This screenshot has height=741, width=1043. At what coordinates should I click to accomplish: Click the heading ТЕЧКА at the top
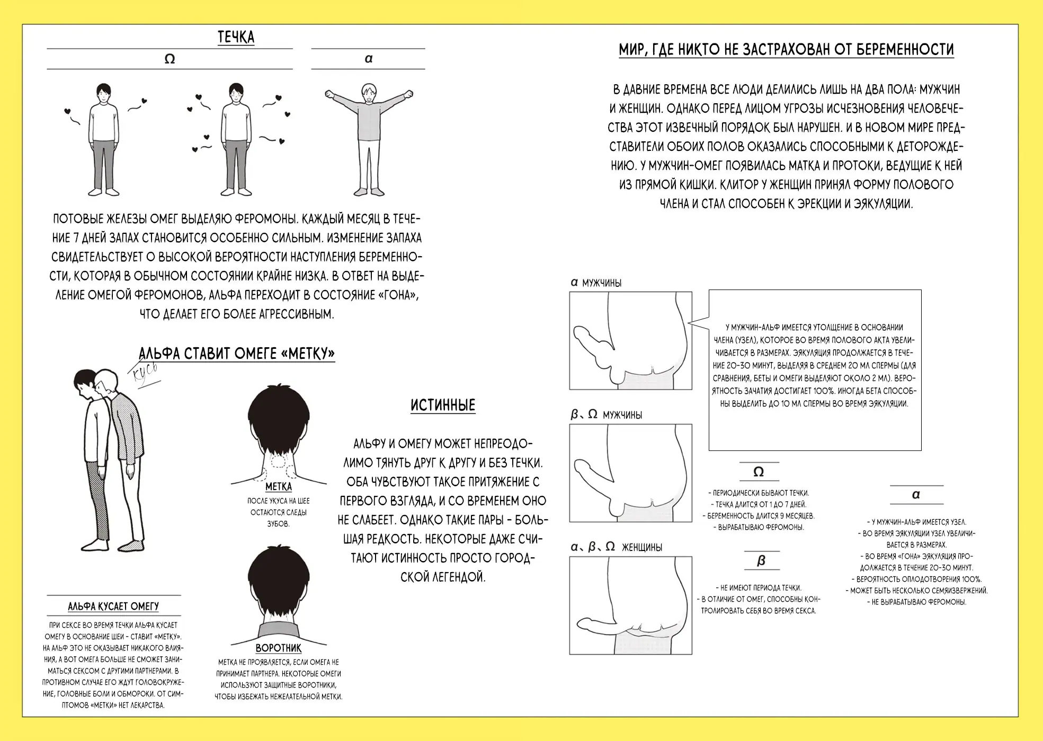point(236,37)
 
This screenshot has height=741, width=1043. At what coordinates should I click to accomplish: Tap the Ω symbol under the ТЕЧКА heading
point(170,59)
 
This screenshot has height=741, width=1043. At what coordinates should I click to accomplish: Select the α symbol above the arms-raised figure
point(369,59)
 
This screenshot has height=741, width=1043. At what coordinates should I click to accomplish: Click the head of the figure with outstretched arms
point(368,93)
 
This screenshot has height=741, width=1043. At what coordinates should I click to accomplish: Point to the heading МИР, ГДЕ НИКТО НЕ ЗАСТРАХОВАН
point(786,50)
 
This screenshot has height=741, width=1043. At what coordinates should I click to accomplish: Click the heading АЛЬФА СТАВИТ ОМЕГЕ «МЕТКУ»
point(237,354)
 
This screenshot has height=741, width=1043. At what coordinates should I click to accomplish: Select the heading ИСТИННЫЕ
point(443,405)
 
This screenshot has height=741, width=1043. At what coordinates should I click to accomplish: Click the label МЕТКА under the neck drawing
point(278,486)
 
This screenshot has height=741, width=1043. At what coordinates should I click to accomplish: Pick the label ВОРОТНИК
point(278,648)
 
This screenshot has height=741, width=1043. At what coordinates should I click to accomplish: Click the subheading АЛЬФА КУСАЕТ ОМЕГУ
point(113,607)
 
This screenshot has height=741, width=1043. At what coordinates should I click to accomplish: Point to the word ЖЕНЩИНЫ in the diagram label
point(641,547)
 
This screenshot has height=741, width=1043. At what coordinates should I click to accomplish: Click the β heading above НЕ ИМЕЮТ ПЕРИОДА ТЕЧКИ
point(761,561)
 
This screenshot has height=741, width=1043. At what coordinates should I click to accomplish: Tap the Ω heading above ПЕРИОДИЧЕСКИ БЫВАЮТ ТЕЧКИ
point(758,472)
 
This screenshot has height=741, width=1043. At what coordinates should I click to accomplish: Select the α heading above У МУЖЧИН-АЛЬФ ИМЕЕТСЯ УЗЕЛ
point(916,494)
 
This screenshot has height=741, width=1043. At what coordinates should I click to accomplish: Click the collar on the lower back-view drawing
point(279,630)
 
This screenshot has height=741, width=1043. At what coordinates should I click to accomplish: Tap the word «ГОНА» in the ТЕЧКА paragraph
point(388,295)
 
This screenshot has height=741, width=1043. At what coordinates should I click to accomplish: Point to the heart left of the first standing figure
point(67,111)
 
